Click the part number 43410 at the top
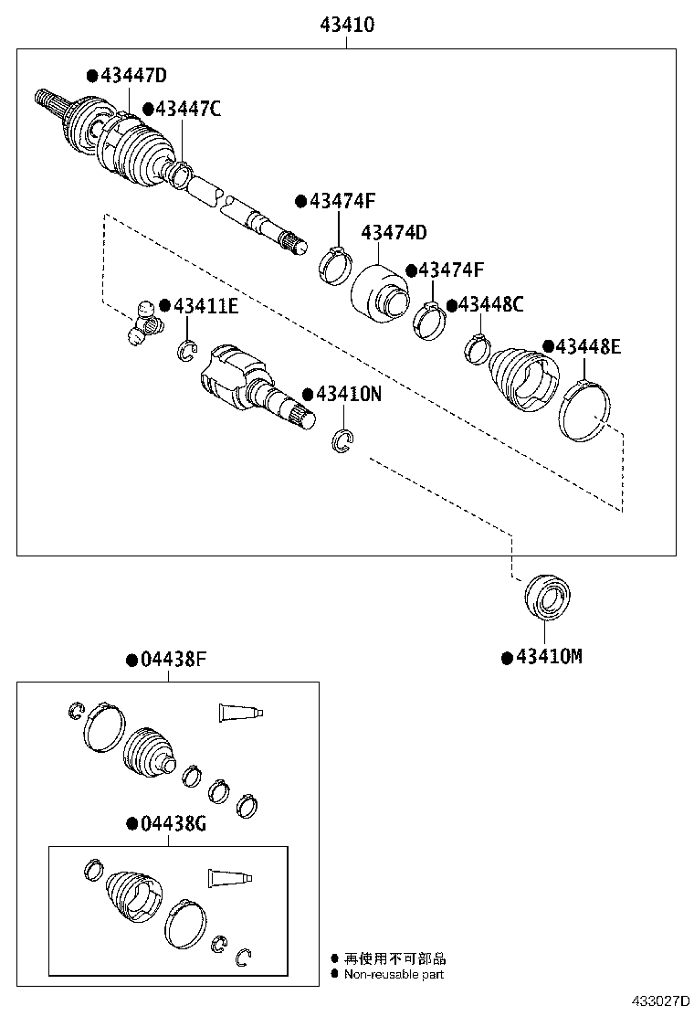347,25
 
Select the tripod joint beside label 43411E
142,323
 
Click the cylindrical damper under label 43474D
381,292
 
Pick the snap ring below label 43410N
342,441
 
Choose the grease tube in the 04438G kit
228,878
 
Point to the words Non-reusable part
394,975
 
